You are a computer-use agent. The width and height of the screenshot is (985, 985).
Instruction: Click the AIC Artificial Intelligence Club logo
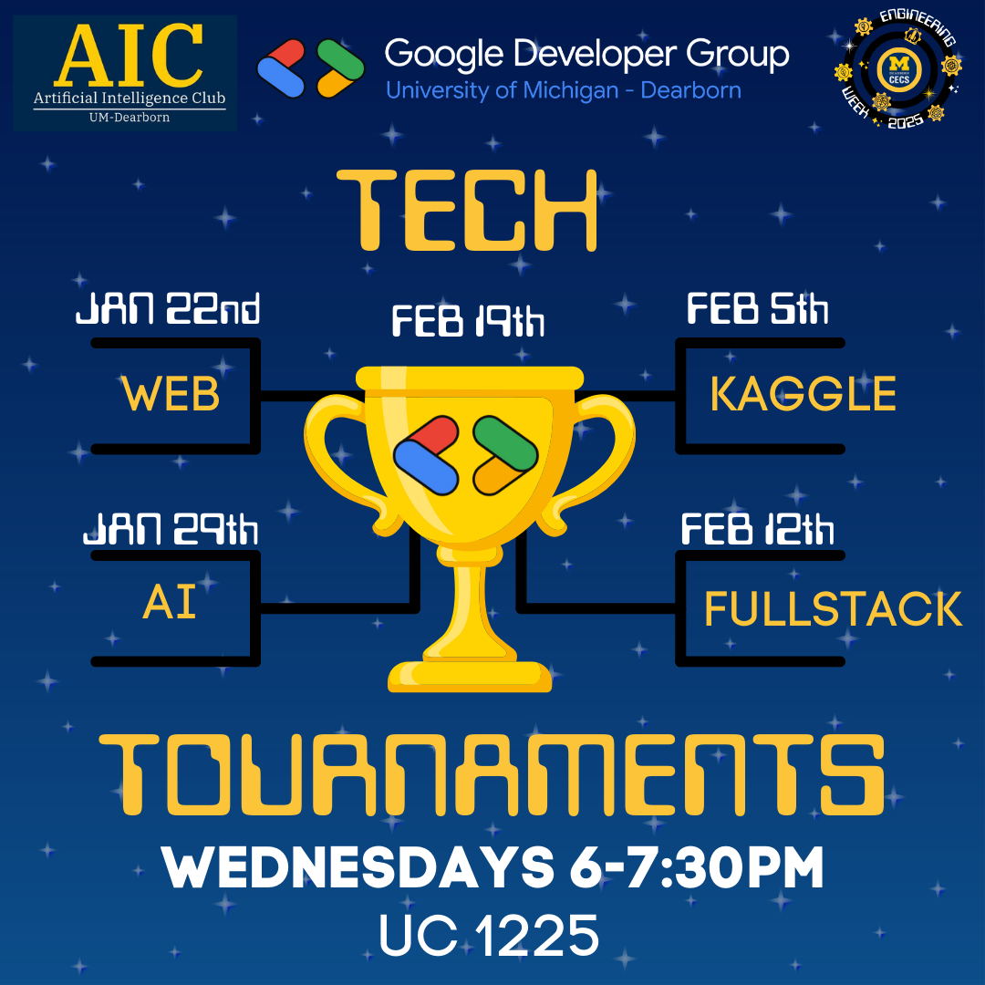click(125, 73)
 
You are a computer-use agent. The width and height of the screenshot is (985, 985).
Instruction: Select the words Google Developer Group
click(586, 55)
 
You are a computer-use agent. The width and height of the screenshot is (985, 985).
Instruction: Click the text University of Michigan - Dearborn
click(563, 90)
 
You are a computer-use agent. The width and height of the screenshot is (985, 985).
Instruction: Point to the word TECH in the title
click(468, 211)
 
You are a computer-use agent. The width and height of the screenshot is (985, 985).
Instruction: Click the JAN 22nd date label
click(168, 311)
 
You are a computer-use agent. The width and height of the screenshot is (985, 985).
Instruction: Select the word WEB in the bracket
click(171, 395)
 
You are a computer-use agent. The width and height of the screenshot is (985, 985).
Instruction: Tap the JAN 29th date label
click(171, 530)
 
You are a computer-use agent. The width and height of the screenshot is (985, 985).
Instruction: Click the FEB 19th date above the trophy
click(468, 322)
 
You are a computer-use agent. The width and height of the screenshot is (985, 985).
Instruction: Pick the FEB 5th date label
click(757, 310)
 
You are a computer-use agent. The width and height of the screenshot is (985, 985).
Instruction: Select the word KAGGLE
click(803, 395)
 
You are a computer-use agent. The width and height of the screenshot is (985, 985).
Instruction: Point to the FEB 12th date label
click(757, 530)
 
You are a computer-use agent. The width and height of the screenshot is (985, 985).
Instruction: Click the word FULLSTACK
click(833, 609)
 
